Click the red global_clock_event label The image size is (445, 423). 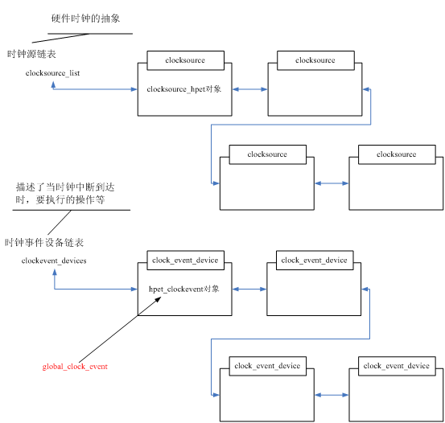tap(75, 367)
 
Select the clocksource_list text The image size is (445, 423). tap(52, 73)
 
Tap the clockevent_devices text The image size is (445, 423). tap(54, 261)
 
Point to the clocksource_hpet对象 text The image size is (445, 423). tap(184, 89)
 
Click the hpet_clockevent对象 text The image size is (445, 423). tap(184, 289)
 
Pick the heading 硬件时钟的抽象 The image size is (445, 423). tap(85, 18)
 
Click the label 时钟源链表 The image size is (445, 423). tap(31, 54)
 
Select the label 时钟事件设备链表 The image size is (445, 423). tap(44, 243)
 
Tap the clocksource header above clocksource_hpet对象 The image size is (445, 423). tap(186, 60)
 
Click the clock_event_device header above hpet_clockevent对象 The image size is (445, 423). tap(186, 261)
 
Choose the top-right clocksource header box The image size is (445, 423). tap(315, 60)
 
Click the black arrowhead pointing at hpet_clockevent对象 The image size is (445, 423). tap(158, 300)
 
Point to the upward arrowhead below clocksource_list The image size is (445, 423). tap(53, 84)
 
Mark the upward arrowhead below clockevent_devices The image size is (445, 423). tap(55, 272)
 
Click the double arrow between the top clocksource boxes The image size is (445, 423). tap(249, 89)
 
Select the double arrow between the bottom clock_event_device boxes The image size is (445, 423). tap(332, 395)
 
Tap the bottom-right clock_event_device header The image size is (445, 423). tap(397, 366)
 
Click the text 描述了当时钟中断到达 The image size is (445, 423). tap(65, 187)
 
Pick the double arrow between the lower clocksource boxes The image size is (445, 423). tap(332, 183)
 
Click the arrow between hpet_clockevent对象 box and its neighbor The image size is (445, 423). tap(249, 289)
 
